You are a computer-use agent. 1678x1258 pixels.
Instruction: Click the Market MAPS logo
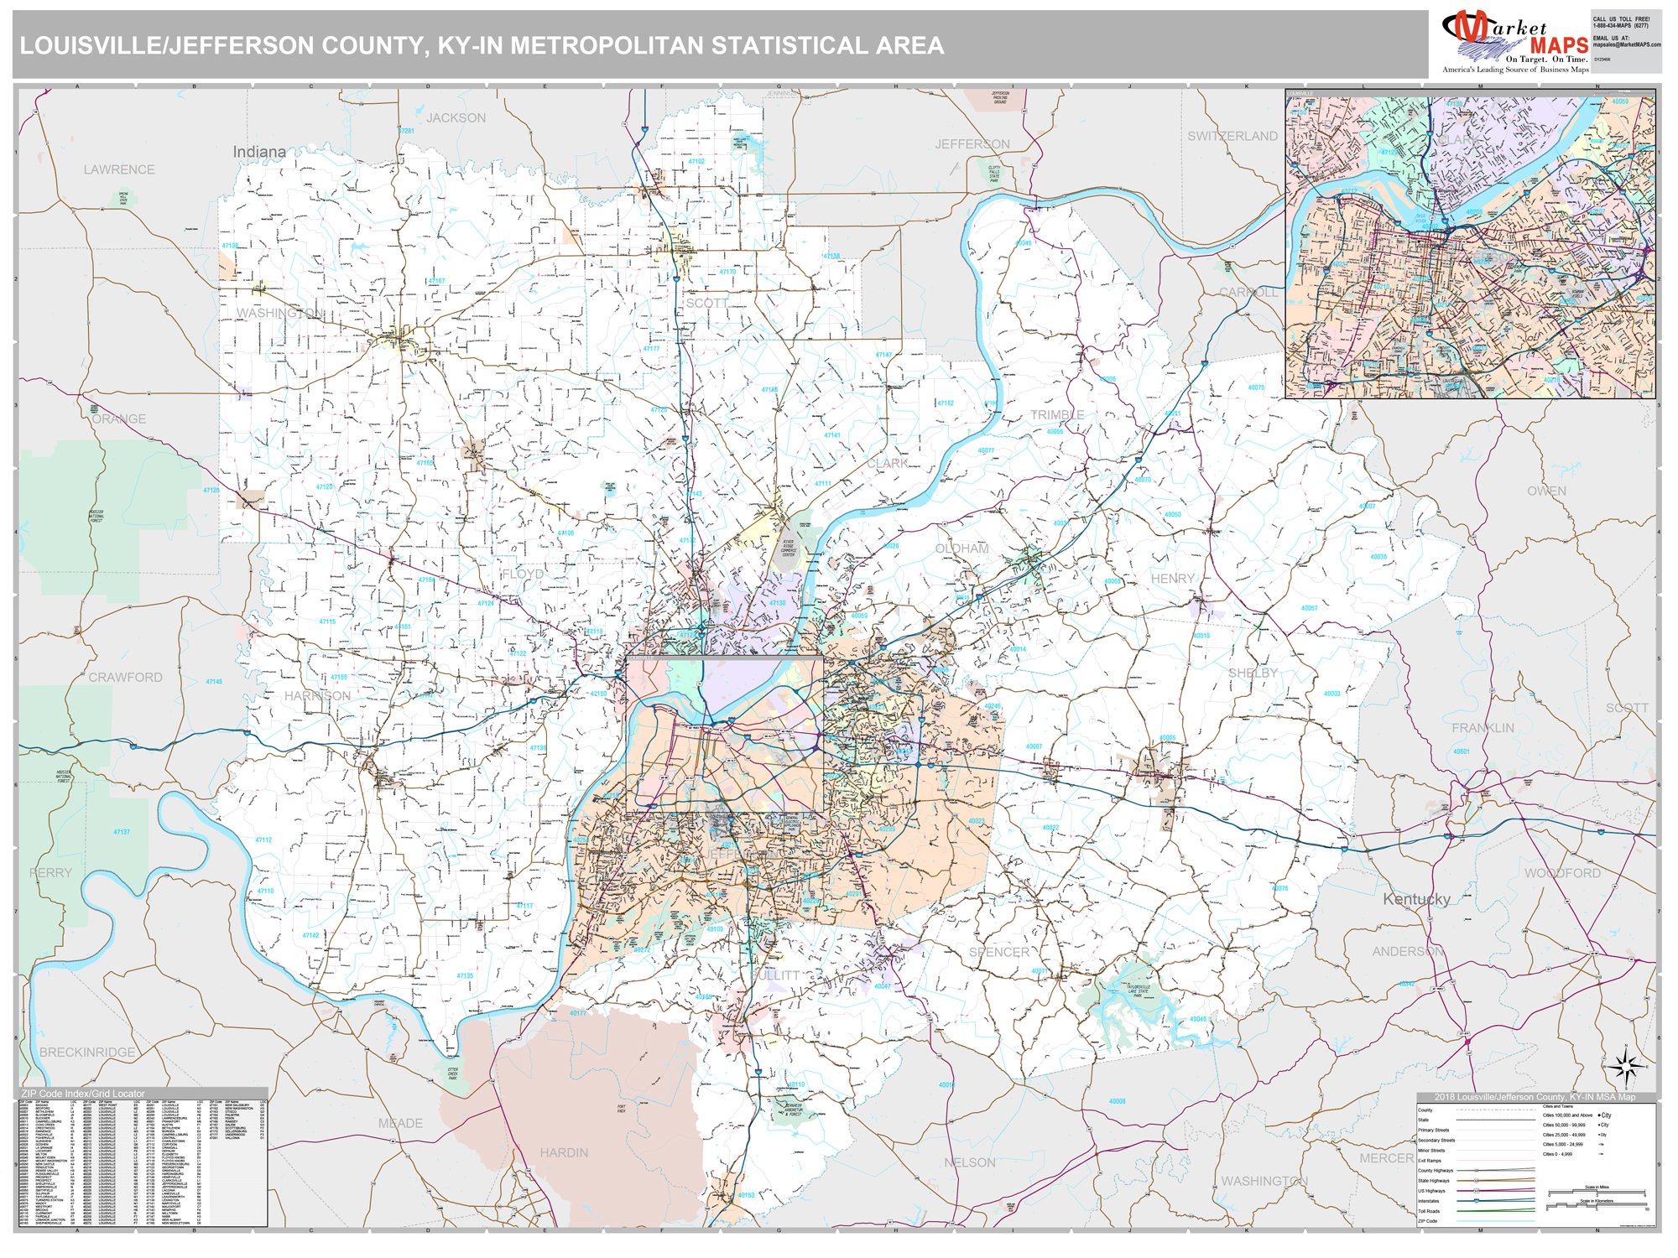click(1514, 42)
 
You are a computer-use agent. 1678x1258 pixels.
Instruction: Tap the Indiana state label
click(259, 152)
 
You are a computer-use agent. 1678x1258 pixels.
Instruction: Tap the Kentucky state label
click(1416, 899)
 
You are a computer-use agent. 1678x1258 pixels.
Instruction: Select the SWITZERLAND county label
click(1232, 136)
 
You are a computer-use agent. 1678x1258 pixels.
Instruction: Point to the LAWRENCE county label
click(119, 169)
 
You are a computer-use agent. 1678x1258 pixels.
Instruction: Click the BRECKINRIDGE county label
click(87, 1052)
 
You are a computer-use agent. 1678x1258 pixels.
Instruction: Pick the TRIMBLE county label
click(1057, 415)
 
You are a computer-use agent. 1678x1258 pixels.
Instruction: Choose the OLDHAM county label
click(961, 548)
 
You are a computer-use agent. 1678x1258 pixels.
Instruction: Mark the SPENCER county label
click(998, 952)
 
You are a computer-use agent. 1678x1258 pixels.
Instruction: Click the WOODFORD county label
click(1562, 873)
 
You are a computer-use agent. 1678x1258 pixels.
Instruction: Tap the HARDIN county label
click(564, 1152)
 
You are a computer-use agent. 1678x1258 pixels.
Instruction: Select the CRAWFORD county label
click(126, 677)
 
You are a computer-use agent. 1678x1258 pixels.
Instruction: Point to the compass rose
click(1626, 1068)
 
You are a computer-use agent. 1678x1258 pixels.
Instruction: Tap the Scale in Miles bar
click(1596, 1193)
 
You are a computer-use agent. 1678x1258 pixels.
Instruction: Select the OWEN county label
click(1546, 491)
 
